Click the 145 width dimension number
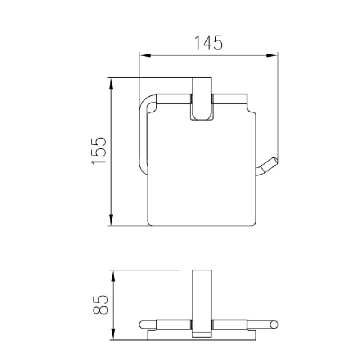click(208, 43)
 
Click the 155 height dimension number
click(99, 151)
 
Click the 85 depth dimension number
click(100, 305)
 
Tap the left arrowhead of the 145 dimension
click(145, 55)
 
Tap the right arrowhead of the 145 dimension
click(272, 55)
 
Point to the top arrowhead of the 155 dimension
click(111, 84)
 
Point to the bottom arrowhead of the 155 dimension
click(111, 220)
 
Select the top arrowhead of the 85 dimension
click(113, 276)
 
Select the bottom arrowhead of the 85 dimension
click(113, 334)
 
